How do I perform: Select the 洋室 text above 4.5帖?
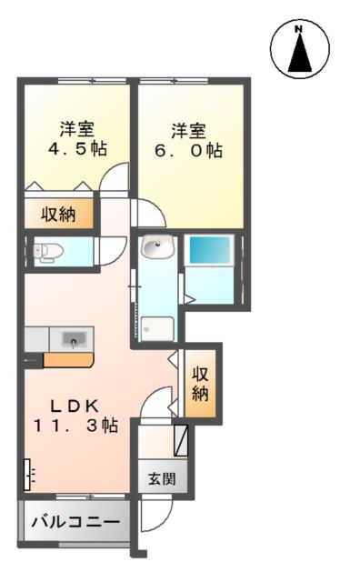coord(77,129)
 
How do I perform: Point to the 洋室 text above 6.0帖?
coord(189,129)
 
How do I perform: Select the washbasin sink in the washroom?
coord(157,246)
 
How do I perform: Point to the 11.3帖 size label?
coord(76,425)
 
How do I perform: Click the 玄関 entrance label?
coord(163,478)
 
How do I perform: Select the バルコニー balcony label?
coord(75,523)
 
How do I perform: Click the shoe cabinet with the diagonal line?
coord(182,440)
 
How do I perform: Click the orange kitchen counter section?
coord(68,359)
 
